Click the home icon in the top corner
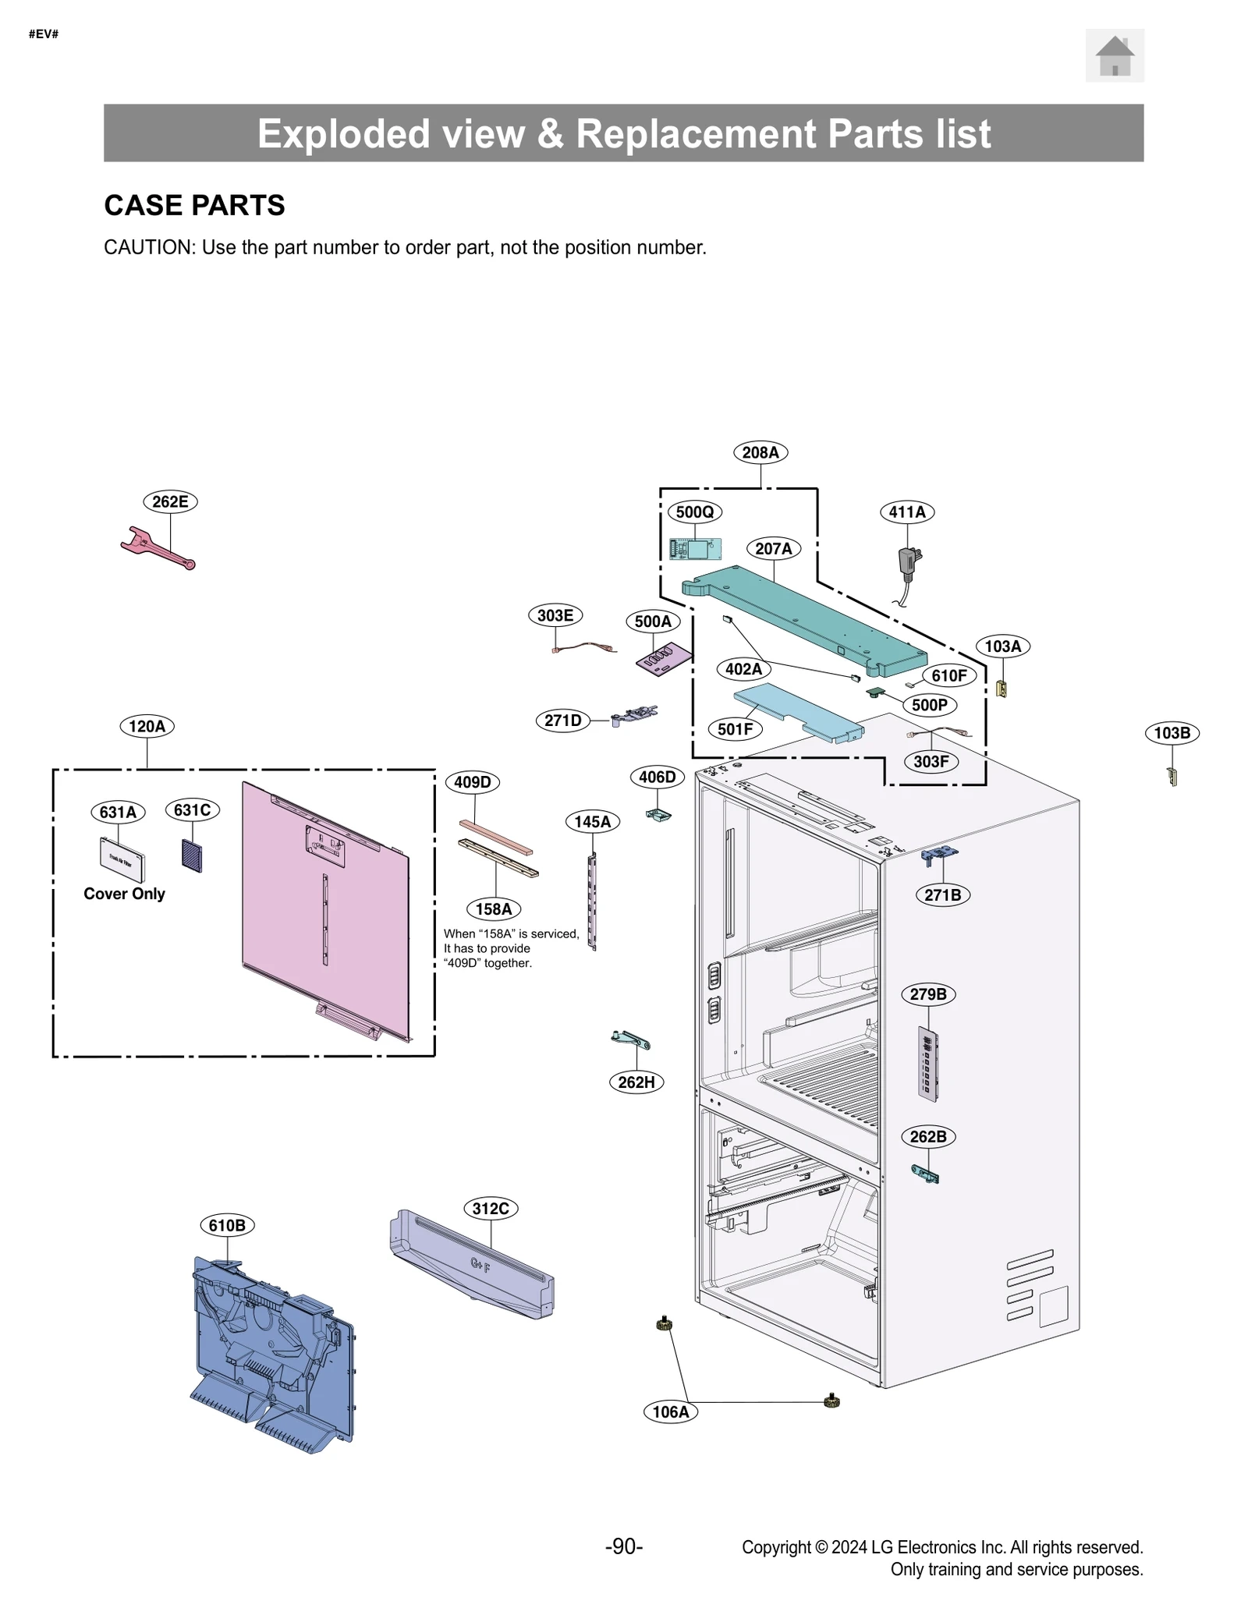[1114, 55]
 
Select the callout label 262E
[170, 501]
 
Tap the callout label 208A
[760, 452]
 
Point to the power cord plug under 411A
[909, 563]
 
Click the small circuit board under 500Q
[694, 549]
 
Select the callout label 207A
[773, 548]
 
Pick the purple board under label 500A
[664, 660]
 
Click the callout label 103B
[1171, 733]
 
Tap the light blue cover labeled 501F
[799, 711]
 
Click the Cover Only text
[124, 894]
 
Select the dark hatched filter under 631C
[192, 855]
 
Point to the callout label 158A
[494, 908]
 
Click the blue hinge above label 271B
[940, 855]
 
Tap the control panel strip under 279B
[927, 1064]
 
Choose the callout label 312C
[491, 1209]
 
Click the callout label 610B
[227, 1225]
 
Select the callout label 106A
[671, 1411]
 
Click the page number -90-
[623, 1546]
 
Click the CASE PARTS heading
[194, 205]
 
